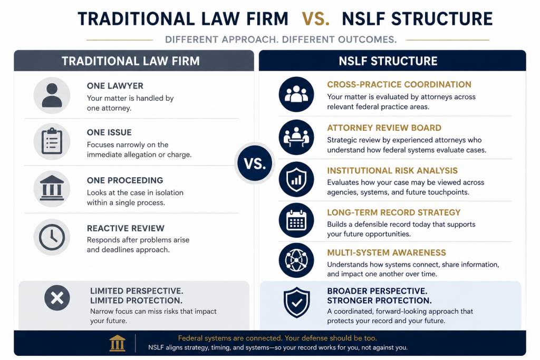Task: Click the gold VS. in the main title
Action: coord(315,19)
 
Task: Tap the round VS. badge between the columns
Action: coord(255,163)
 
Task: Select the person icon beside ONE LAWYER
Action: coord(52,95)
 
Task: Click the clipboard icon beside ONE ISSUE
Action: coord(52,141)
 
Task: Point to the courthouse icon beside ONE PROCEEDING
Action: coord(52,189)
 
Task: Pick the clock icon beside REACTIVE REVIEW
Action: coord(52,237)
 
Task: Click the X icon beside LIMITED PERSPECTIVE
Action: coord(57,298)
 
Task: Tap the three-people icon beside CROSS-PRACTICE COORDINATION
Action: coord(296,94)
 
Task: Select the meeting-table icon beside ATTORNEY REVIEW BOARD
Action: coord(296,138)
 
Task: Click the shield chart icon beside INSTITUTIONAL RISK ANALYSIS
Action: coord(296,179)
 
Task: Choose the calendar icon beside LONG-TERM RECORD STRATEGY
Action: coord(296,221)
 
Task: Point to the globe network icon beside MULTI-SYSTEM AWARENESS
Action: coord(296,260)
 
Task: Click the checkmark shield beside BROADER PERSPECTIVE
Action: coord(296,303)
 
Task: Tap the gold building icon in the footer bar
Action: coord(118,343)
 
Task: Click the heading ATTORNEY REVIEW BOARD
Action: coord(384,128)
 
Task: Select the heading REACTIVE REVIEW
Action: coord(126,229)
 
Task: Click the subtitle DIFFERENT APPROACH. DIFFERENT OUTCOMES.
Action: coord(281,40)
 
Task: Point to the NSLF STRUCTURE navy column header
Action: coord(392,61)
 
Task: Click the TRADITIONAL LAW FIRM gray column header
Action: coord(134,61)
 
